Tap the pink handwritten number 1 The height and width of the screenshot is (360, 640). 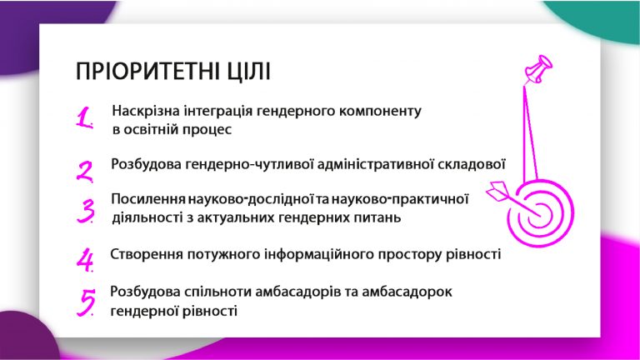pyautogui.click(x=84, y=118)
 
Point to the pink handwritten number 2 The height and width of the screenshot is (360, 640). pyautogui.click(x=85, y=172)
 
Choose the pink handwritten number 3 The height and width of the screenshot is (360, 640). pyautogui.click(x=86, y=211)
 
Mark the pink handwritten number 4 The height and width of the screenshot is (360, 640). pyautogui.click(x=85, y=260)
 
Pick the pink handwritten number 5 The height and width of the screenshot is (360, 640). pyautogui.click(x=87, y=302)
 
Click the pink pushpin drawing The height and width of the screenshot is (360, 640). pyautogui.click(x=539, y=69)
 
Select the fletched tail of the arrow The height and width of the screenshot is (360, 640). pyautogui.click(x=498, y=191)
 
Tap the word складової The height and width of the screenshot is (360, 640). pyautogui.click(x=472, y=164)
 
